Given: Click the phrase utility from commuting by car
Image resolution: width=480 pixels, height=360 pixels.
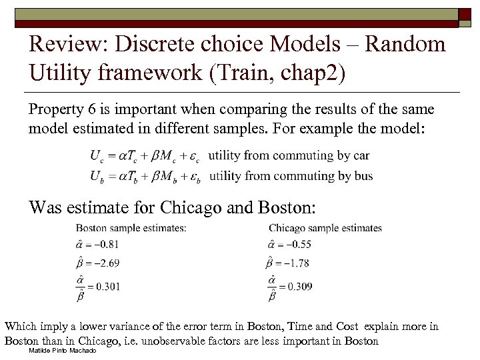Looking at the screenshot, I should pyautogui.click(x=289, y=156).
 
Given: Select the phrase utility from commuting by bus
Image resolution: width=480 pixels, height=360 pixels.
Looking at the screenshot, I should pyautogui.click(x=290, y=176).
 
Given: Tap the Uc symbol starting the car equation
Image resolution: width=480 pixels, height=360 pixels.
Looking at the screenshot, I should pyautogui.click(x=96, y=157).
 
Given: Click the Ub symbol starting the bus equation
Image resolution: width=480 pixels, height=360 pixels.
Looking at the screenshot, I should pyautogui.click(x=96, y=177).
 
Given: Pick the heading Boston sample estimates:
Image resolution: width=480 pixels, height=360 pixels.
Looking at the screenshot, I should pyautogui.click(x=131, y=228).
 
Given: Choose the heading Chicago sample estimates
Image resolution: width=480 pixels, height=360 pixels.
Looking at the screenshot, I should pyautogui.click(x=325, y=228).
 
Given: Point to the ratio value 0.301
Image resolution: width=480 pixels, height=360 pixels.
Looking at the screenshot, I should pyautogui.click(x=107, y=287).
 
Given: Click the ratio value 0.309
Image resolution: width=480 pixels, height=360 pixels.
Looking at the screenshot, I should pyautogui.click(x=299, y=287).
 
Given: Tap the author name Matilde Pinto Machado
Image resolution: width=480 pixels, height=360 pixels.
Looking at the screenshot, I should pyautogui.click(x=63, y=351).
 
